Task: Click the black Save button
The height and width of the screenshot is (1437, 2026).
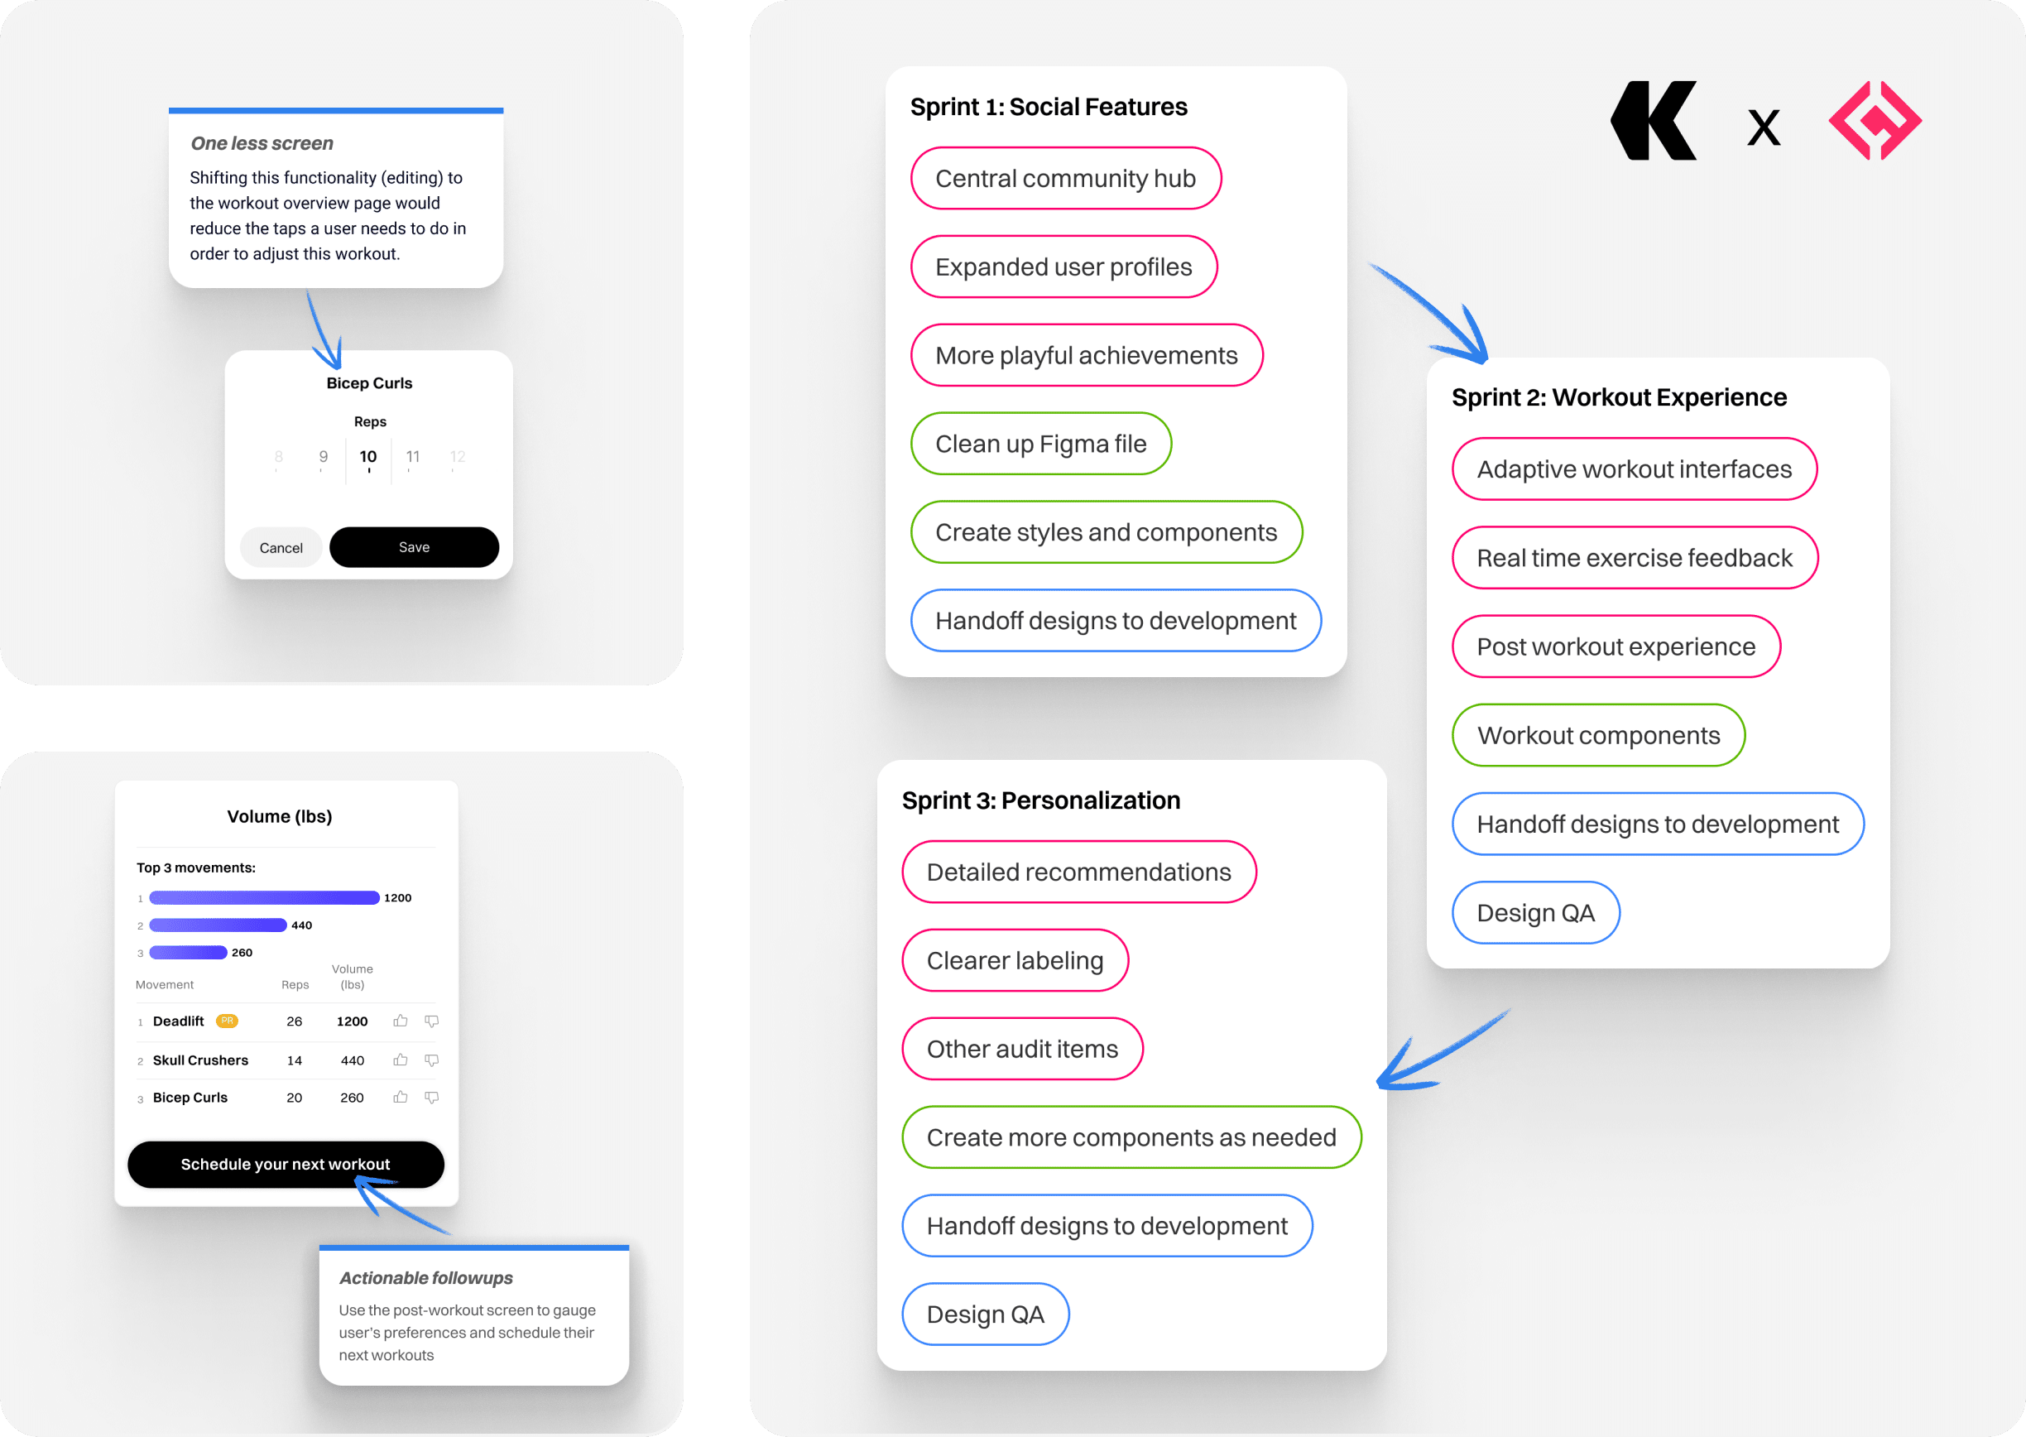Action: [414, 547]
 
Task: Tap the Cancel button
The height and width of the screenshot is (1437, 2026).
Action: [281, 548]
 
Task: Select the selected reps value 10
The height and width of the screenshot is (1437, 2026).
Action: [368, 457]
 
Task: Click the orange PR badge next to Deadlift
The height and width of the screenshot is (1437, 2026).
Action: [228, 1021]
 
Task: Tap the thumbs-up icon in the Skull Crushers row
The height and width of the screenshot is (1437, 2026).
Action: [401, 1060]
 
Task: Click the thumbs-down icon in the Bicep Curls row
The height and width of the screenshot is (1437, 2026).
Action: [432, 1098]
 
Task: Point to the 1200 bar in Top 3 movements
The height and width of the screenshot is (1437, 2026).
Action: [265, 897]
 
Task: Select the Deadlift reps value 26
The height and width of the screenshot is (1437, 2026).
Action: [295, 1021]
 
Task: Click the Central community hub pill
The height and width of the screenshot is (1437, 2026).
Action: [1066, 178]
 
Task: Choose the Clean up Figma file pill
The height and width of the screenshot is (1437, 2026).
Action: [1041, 444]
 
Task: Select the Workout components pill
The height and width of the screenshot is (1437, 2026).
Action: [1599, 735]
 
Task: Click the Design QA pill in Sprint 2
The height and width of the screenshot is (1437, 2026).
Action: [1536, 912]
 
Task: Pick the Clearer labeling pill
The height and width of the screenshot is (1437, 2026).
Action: [1015, 960]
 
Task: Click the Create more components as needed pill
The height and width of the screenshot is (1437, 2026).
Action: [1131, 1137]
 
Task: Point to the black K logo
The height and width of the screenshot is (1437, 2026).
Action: [1654, 121]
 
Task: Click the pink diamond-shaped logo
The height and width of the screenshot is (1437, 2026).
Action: [1875, 120]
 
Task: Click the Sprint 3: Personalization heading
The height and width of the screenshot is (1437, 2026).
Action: [1041, 800]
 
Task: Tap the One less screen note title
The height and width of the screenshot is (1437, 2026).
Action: [262, 143]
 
